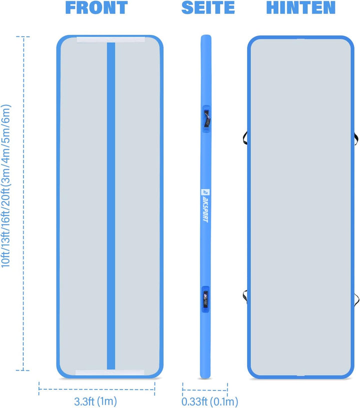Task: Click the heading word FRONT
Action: tap(96, 7)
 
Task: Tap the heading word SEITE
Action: tap(208, 7)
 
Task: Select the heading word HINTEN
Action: tap(301, 7)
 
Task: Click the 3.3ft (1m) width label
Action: tap(95, 401)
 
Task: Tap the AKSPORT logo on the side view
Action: tap(205, 205)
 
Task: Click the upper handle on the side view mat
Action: tap(206, 119)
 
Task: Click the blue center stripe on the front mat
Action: tap(111, 206)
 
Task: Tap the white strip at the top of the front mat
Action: tap(111, 40)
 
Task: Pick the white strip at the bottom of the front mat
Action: tap(110, 372)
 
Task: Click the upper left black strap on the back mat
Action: tap(245, 137)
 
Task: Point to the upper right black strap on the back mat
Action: tap(356, 138)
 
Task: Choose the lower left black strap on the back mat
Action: tap(245, 296)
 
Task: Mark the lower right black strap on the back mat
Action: tap(356, 300)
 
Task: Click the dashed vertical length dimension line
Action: tap(23, 203)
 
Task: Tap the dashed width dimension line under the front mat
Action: tap(97, 389)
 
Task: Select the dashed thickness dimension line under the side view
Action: tap(205, 390)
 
